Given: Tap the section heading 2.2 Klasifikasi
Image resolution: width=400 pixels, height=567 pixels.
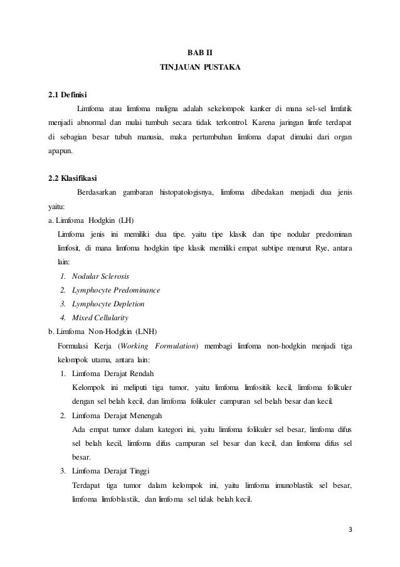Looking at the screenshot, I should pyautogui.click(x=72, y=176).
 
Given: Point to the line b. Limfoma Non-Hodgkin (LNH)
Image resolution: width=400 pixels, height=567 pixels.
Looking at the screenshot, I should pyautogui.click(x=103, y=331).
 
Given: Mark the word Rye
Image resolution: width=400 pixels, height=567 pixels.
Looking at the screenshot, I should pyautogui.click(x=320, y=249).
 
